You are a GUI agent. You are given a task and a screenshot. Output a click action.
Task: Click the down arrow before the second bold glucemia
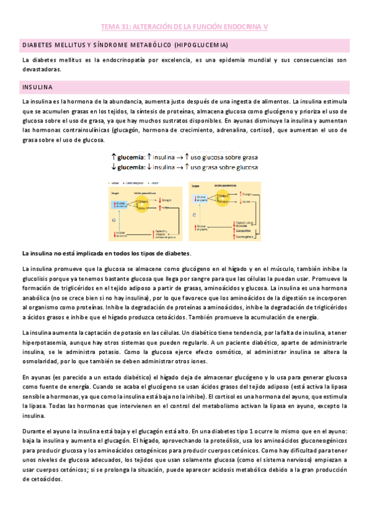pos(114,167)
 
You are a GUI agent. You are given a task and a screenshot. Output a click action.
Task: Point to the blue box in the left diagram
pos(121,206)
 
